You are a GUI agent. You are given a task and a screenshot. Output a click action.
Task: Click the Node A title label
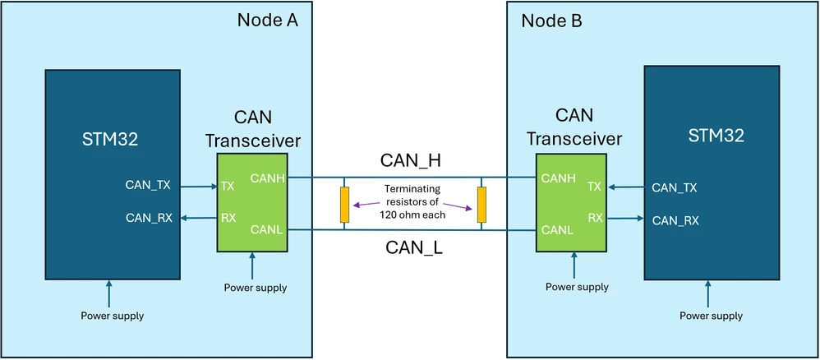pyautogui.click(x=267, y=21)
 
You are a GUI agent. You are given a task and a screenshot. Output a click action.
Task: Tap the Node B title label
pyautogui.click(x=551, y=21)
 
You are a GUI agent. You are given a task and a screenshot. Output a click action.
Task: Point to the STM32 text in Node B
pyautogui.click(x=716, y=136)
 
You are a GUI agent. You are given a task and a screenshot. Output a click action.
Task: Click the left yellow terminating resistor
pyautogui.click(x=344, y=205)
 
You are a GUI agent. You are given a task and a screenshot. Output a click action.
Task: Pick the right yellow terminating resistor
pyautogui.click(x=481, y=205)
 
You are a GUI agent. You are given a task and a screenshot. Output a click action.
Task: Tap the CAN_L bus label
pyautogui.click(x=413, y=247)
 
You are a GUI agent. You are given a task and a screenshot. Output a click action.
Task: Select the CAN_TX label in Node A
pyautogui.click(x=148, y=185)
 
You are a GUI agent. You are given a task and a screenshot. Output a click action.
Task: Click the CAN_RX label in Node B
pyautogui.click(x=675, y=221)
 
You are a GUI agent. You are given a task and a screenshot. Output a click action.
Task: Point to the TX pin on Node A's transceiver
pyautogui.click(x=228, y=186)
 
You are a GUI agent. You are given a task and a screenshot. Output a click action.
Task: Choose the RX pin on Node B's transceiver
pyautogui.click(x=595, y=218)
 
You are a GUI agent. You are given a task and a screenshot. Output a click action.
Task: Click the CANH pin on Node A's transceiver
pyautogui.click(x=267, y=179)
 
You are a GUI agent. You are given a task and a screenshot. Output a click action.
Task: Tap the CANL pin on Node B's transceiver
pyautogui.click(x=557, y=229)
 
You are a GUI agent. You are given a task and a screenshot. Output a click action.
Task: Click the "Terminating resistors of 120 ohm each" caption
pyautogui.click(x=412, y=201)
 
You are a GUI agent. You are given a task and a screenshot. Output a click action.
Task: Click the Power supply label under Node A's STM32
pyautogui.click(x=113, y=316)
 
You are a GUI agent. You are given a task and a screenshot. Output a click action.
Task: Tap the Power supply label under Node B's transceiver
pyautogui.click(x=577, y=287)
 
